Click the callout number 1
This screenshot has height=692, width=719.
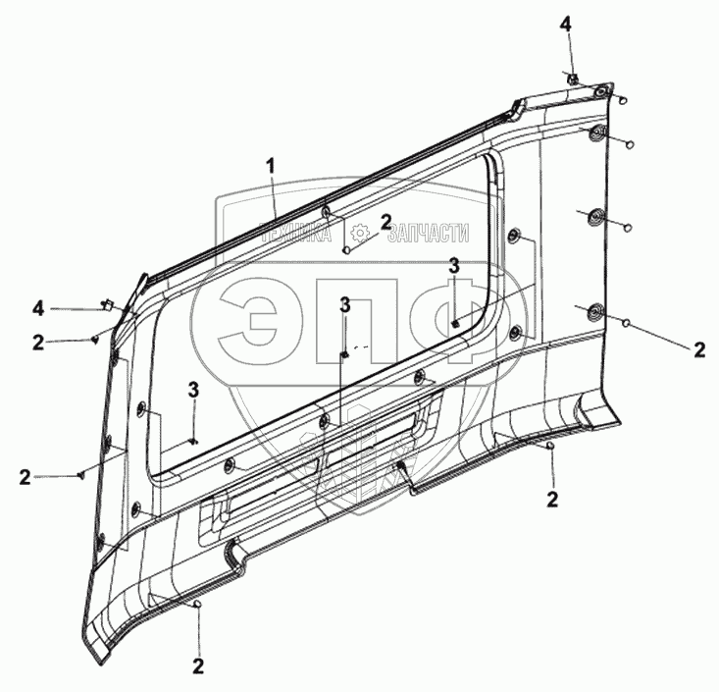pyautogui.click(x=272, y=166)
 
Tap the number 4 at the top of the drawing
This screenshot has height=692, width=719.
pyautogui.click(x=565, y=25)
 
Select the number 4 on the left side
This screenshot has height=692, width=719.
pyautogui.click(x=38, y=308)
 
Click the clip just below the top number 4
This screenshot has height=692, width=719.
pyautogui.click(x=572, y=79)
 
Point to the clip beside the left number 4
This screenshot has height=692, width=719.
pyautogui.click(x=107, y=304)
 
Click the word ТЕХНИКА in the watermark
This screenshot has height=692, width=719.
pyautogui.click(x=296, y=234)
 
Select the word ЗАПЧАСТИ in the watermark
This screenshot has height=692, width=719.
pyautogui.click(x=429, y=233)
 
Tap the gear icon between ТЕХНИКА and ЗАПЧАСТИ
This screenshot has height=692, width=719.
pyautogui.click(x=360, y=233)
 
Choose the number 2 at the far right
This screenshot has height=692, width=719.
pyautogui.click(x=699, y=350)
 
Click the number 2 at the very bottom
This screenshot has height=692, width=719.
pyautogui.click(x=198, y=666)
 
